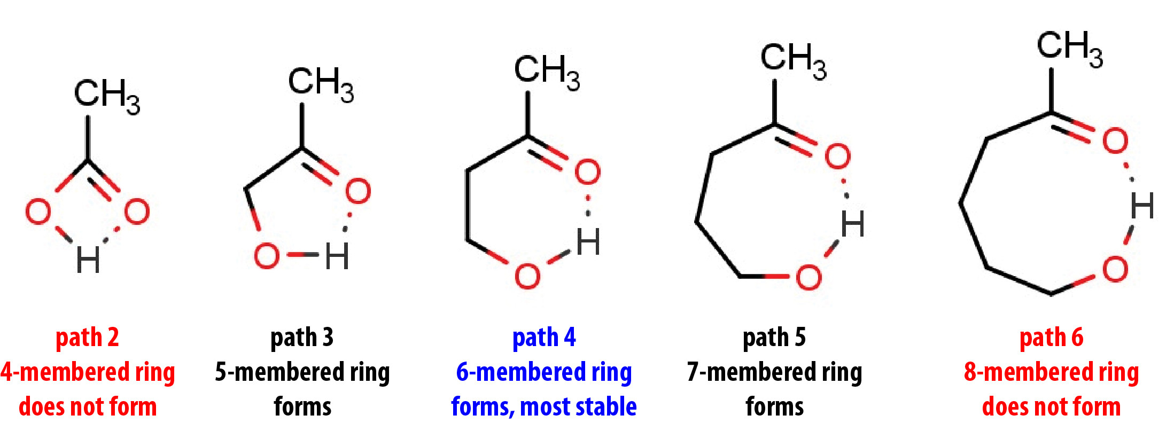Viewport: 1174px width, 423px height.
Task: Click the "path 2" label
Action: (x=87, y=338)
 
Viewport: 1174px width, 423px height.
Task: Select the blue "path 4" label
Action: (x=544, y=338)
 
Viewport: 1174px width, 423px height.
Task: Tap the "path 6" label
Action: (x=1051, y=338)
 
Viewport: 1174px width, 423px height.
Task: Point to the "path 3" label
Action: (x=302, y=338)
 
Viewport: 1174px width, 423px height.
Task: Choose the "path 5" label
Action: (x=774, y=338)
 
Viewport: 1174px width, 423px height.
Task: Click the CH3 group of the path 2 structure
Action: (x=106, y=95)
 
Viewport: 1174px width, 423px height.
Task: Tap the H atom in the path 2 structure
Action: (x=88, y=260)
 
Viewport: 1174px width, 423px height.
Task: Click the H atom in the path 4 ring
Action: (x=588, y=242)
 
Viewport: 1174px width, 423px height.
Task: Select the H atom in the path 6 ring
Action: (x=1142, y=206)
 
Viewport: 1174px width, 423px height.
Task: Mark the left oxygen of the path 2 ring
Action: (x=38, y=211)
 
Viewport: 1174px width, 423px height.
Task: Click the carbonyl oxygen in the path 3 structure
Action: (x=358, y=191)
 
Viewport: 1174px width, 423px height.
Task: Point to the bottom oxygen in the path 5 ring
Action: (x=808, y=277)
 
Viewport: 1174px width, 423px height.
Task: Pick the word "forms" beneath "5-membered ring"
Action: (x=302, y=407)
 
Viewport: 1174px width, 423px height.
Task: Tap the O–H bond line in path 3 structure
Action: (x=302, y=255)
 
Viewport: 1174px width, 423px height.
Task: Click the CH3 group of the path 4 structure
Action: (x=546, y=71)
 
